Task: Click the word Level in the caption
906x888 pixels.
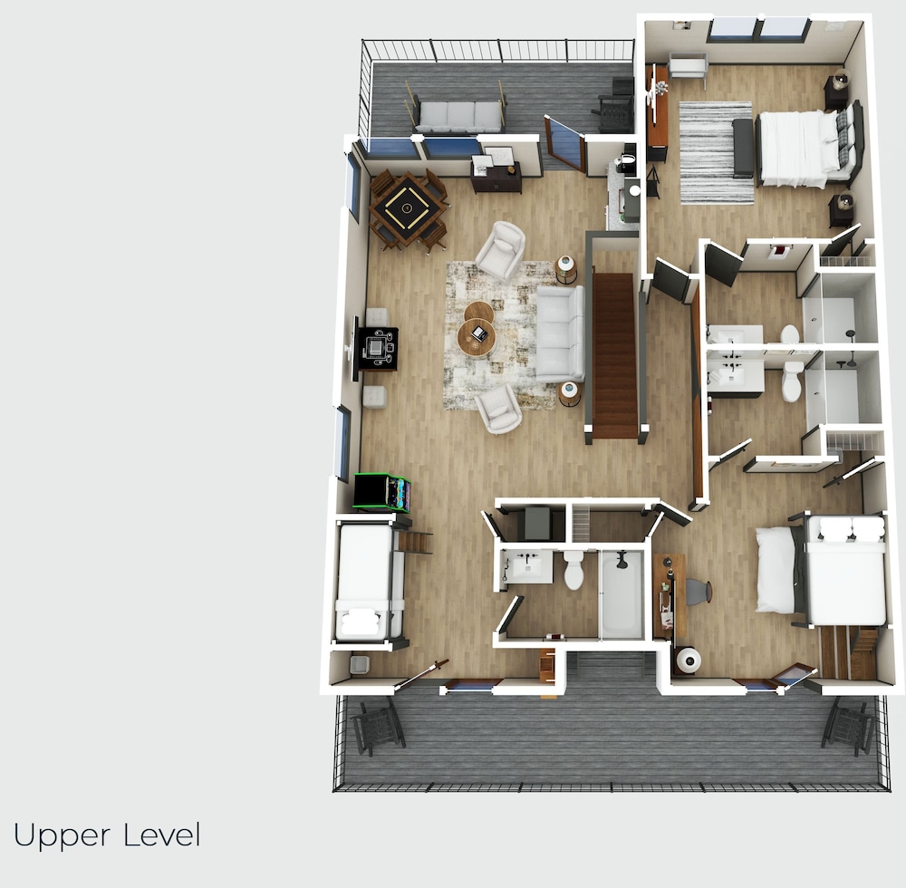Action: [x=162, y=835]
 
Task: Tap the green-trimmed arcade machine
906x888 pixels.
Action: [x=382, y=492]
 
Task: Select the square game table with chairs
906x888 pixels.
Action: [x=408, y=211]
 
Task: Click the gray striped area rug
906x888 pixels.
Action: [x=716, y=152]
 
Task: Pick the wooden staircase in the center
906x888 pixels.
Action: [x=615, y=354]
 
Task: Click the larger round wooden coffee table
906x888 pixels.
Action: [x=477, y=339]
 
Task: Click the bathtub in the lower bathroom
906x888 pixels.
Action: [x=622, y=595]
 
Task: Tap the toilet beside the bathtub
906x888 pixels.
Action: [x=573, y=570]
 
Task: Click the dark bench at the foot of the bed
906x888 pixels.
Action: [x=743, y=148]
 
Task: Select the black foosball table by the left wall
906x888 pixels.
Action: [x=378, y=348]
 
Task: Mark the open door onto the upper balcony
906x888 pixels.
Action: [x=564, y=143]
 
